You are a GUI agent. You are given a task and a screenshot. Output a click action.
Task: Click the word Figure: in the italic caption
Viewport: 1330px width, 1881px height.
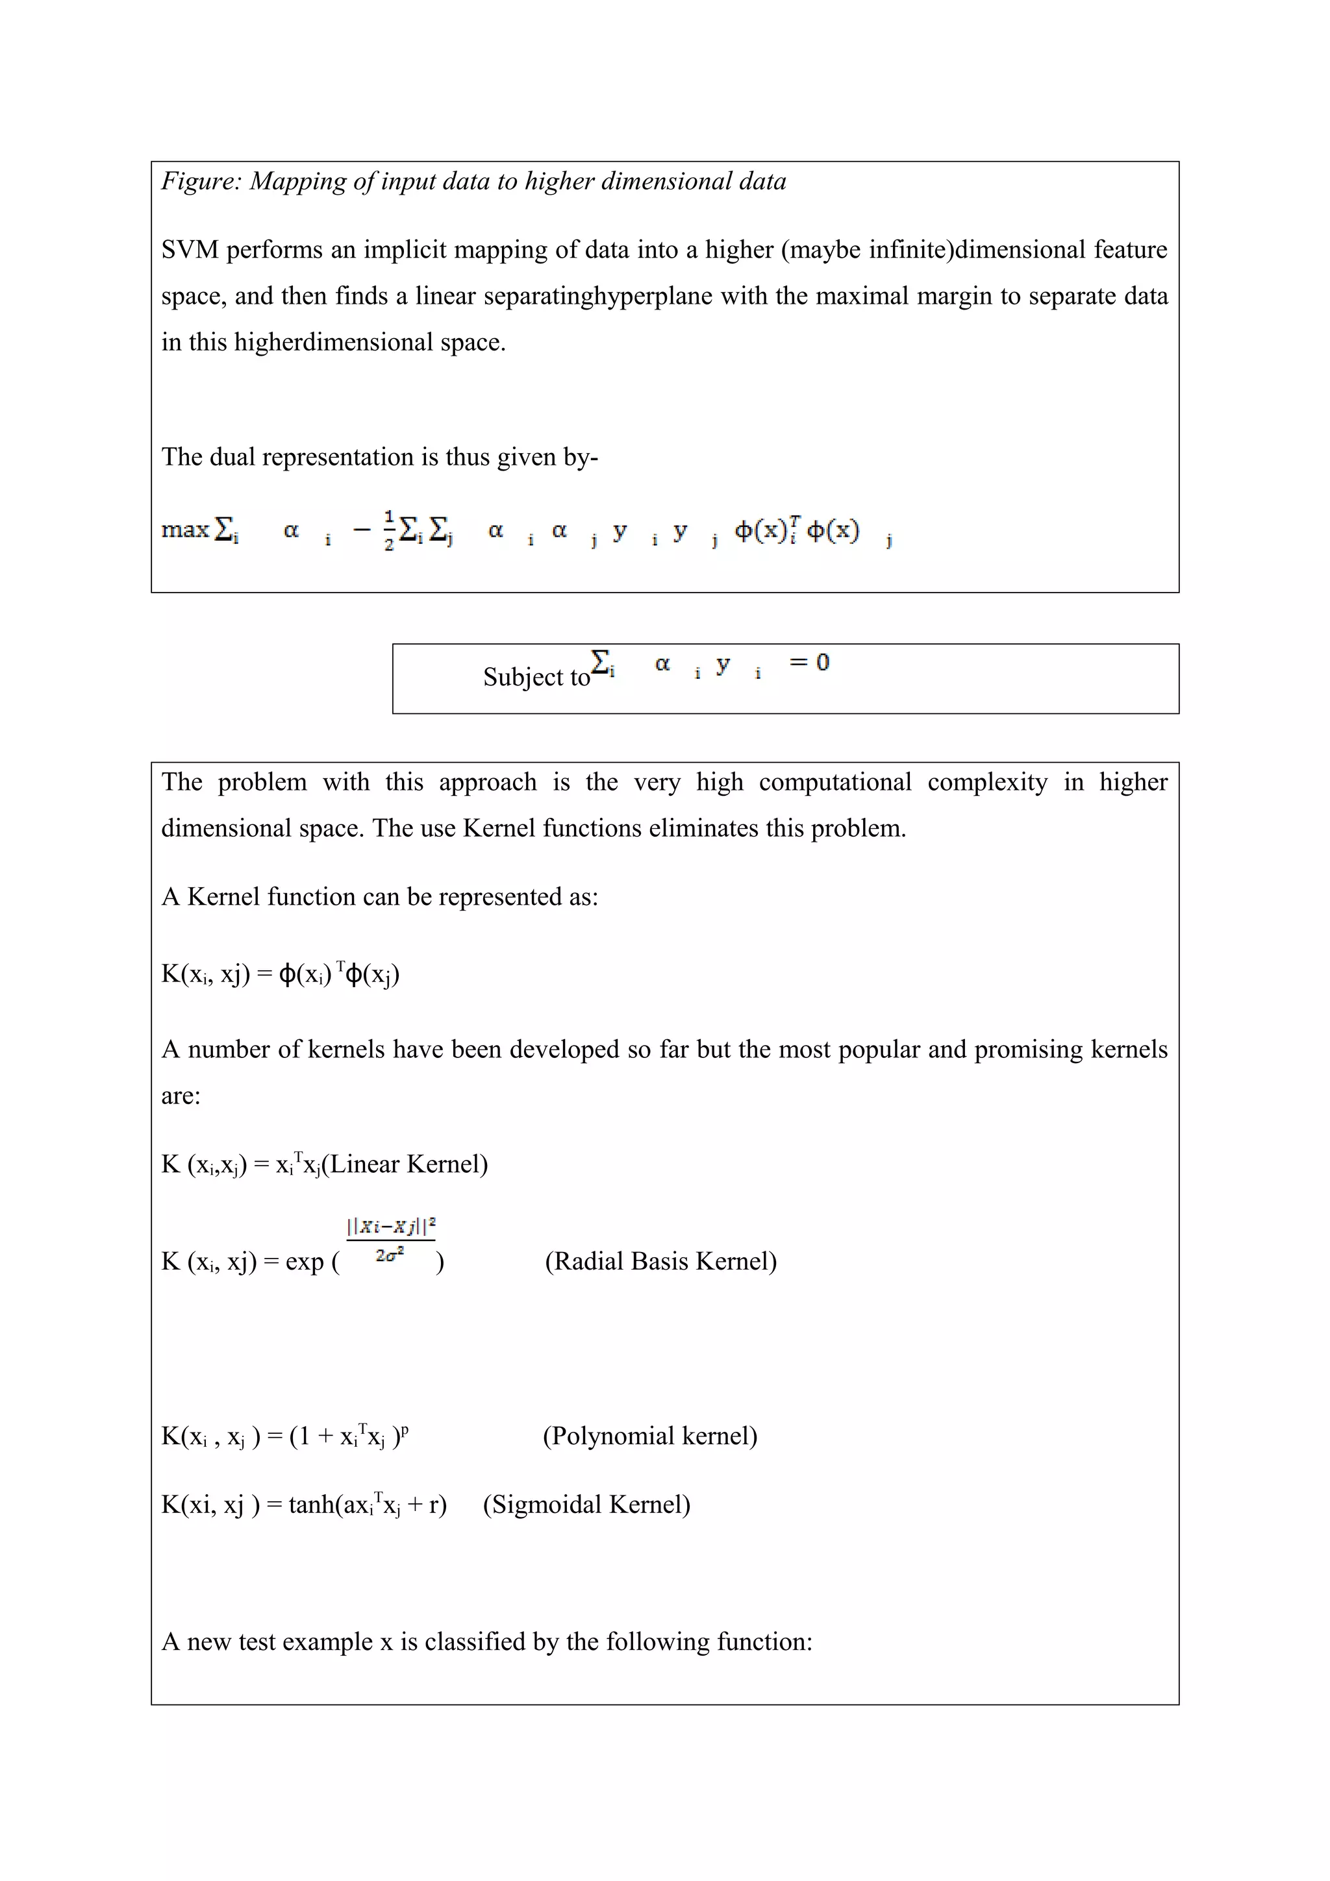pyautogui.click(x=201, y=181)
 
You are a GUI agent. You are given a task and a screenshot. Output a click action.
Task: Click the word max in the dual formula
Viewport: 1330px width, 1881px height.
pyautogui.click(x=185, y=530)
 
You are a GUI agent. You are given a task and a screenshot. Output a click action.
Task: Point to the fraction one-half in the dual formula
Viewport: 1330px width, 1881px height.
pyautogui.click(x=388, y=530)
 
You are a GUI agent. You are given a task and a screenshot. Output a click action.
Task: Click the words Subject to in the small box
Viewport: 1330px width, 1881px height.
pyautogui.click(x=536, y=677)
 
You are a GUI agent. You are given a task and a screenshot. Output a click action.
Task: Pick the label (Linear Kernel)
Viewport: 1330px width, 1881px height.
pyautogui.click(x=405, y=1164)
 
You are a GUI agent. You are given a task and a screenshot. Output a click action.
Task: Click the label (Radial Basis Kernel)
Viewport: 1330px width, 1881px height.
pyautogui.click(x=660, y=1261)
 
